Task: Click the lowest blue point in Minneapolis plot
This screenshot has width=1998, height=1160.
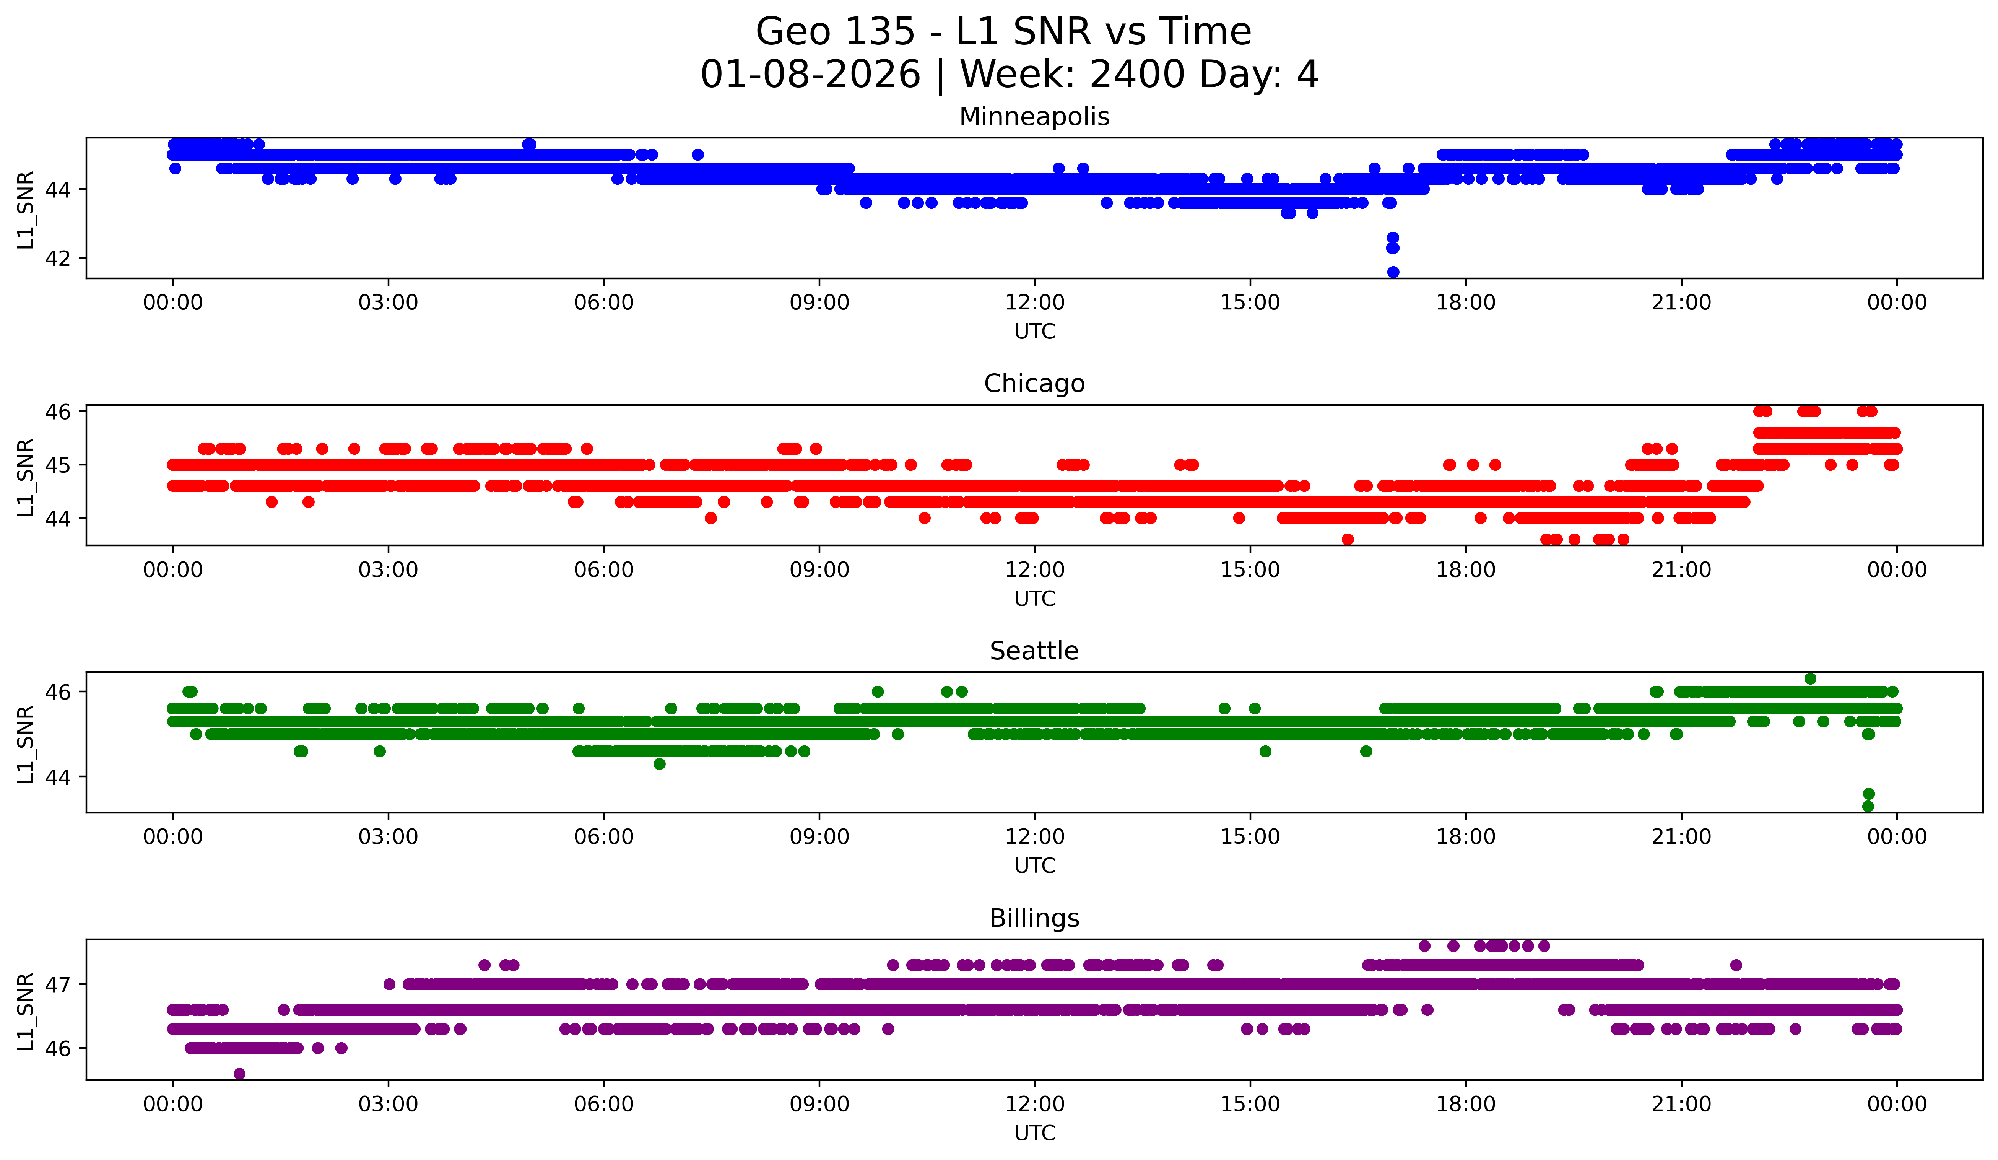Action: click(x=1393, y=272)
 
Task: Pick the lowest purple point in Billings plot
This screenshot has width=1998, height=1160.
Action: click(x=239, y=1074)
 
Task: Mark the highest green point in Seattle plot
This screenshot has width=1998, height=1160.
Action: click(x=1810, y=679)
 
